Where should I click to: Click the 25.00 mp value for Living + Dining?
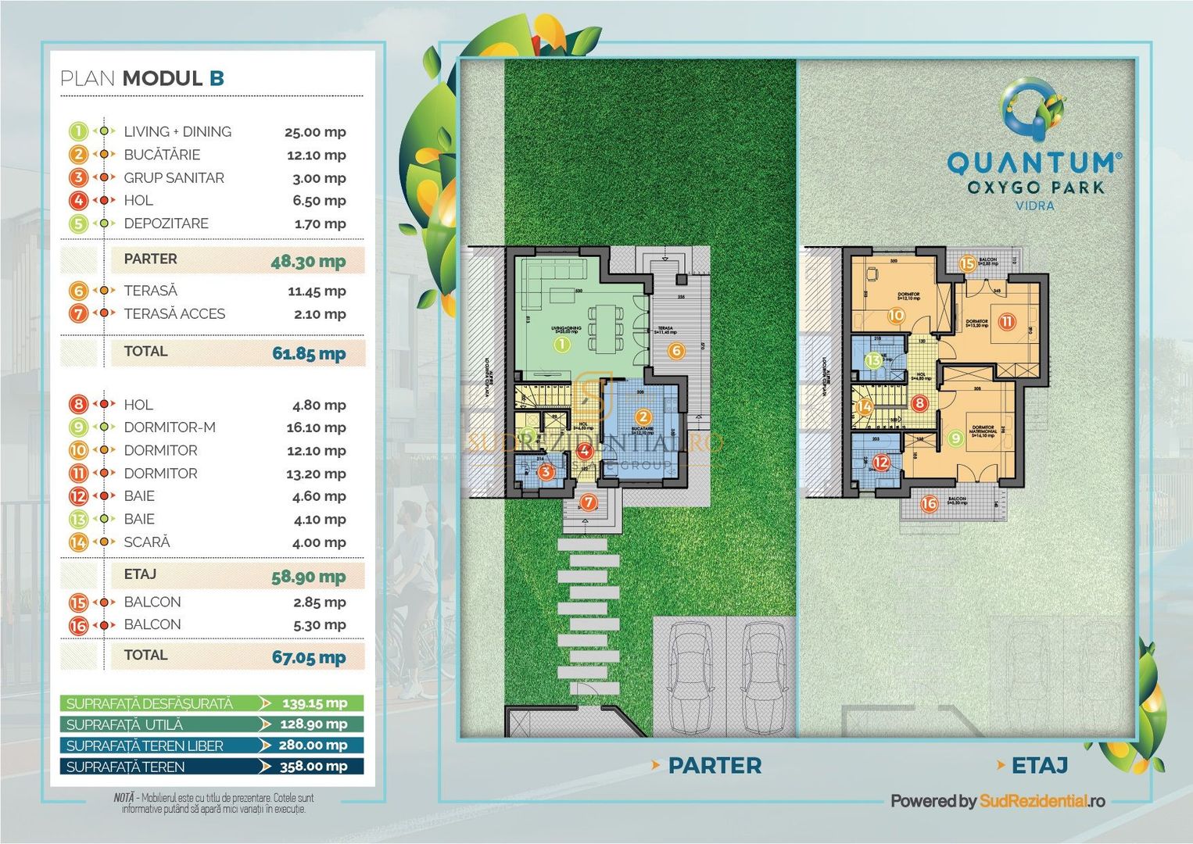(315, 132)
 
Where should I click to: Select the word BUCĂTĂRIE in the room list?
(162, 155)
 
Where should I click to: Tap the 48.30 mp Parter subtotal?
(308, 262)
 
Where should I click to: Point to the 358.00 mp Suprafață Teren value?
(313, 767)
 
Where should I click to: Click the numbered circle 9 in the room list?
(78, 427)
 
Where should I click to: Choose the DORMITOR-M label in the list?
(170, 427)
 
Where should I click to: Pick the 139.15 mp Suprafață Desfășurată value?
(314, 703)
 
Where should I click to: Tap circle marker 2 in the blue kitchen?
(643, 418)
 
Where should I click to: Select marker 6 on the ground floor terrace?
(676, 351)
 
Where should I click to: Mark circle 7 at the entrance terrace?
(589, 502)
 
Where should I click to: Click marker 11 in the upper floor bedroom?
(1006, 321)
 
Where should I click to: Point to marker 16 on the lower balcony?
(929, 503)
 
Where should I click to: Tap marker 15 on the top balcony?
(967, 263)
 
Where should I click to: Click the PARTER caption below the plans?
(714, 766)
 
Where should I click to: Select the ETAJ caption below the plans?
(1039, 766)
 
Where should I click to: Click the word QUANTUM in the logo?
(1034, 163)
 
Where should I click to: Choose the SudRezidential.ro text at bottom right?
(1042, 801)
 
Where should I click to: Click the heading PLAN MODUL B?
(142, 78)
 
